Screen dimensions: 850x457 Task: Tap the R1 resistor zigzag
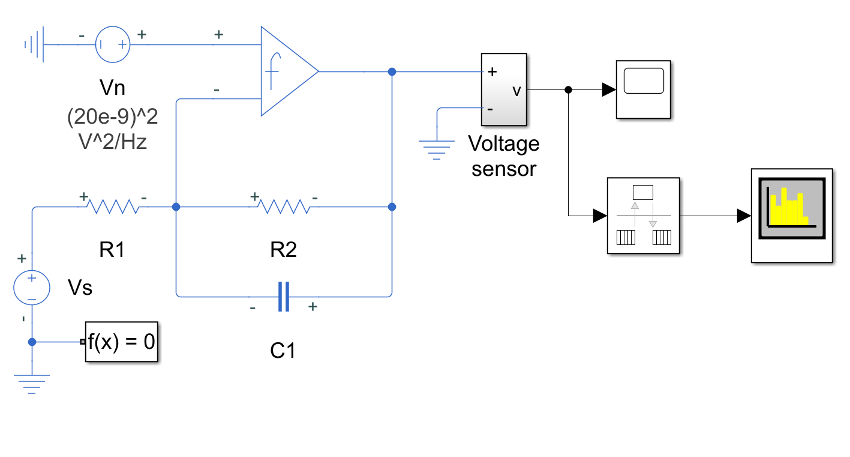pyautogui.click(x=113, y=207)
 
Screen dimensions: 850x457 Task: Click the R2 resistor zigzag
pyautogui.click(x=284, y=207)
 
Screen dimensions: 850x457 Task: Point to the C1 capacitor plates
pyautogui.click(x=284, y=297)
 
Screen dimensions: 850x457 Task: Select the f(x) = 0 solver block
pyautogui.click(x=121, y=342)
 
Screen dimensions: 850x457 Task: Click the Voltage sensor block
pyautogui.click(x=504, y=89)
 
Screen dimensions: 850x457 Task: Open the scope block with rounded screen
pyautogui.click(x=644, y=89)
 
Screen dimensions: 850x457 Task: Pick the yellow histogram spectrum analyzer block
pyautogui.click(x=792, y=216)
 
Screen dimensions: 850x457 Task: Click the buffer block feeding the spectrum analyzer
pyautogui.click(x=644, y=216)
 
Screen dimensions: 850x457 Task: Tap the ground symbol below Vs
pyautogui.click(x=32, y=384)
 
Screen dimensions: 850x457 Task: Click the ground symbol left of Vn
pyautogui.click(x=34, y=44)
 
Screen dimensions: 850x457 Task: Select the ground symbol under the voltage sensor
pyautogui.click(x=437, y=150)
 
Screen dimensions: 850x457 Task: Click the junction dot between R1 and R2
pyautogui.click(x=176, y=207)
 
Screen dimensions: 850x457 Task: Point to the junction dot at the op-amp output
pyautogui.click(x=392, y=72)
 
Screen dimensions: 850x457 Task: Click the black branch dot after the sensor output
pyautogui.click(x=568, y=89)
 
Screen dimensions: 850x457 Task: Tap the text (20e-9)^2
pyautogui.click(x=113, y=117)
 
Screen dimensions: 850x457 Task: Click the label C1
pyautogui.click(x=283, y=350)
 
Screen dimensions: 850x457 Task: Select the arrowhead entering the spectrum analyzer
pyautogui.click(x=744, y=216)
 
